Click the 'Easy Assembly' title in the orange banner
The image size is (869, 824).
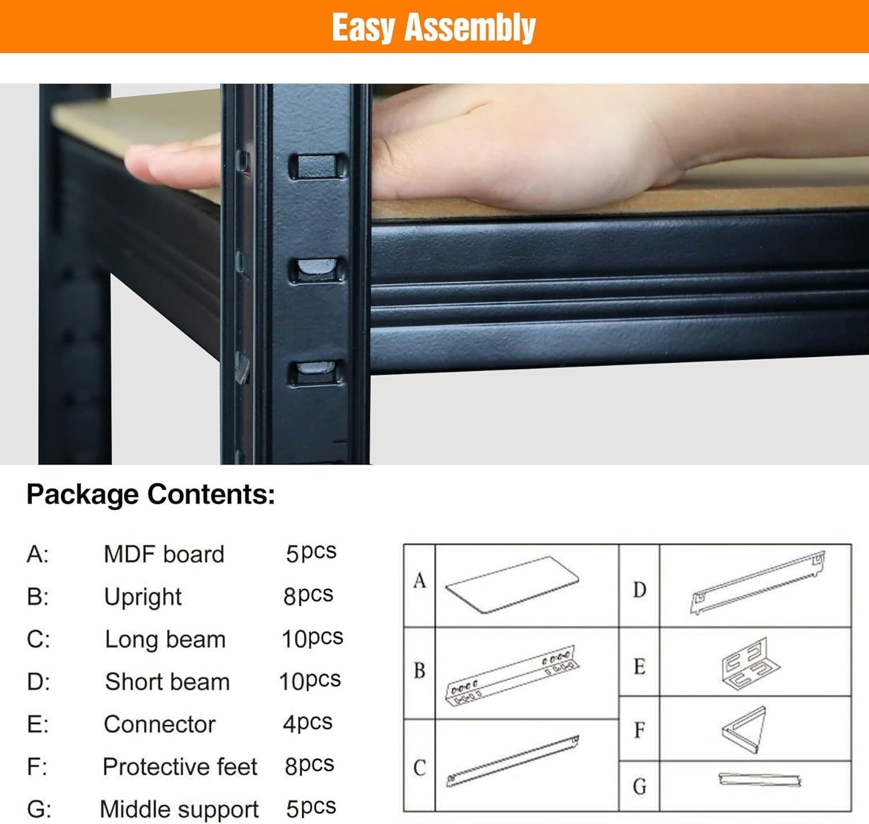click(x=434, y=28)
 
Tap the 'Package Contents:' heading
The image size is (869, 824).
click(x=151, y=495)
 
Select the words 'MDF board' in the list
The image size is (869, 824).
click(x=164, y=554)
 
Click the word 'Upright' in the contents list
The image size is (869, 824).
click(x=143, y=597)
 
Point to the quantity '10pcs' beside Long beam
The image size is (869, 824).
click(x=312, y=638)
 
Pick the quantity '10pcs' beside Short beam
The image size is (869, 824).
click(x=310, y=681)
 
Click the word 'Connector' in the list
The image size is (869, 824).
click(x=159, y=724)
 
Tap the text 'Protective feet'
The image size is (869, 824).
click(x=180, y=767)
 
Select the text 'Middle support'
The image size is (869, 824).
click(x=179, y=809)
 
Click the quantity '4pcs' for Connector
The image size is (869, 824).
click(x=307, y=723)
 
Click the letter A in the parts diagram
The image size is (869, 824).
click(x=420, y=581)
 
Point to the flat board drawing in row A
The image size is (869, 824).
click(x=512, y=584)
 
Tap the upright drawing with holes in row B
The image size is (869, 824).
click(x=511, y=675)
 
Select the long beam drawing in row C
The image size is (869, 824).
click(x=513, y=761)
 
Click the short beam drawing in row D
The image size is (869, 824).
click(x=757, y=583)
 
